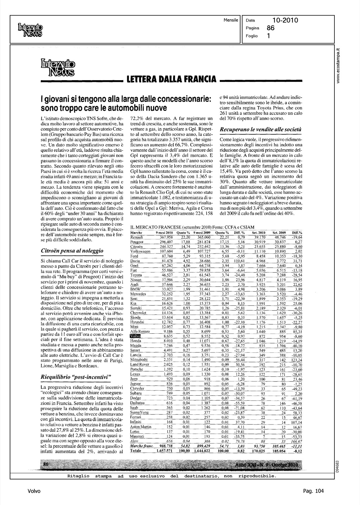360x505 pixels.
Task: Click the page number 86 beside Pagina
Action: coord(271,28)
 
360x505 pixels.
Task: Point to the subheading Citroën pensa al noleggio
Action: coord(72,251)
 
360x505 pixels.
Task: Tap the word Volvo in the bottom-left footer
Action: coord(34,491)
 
